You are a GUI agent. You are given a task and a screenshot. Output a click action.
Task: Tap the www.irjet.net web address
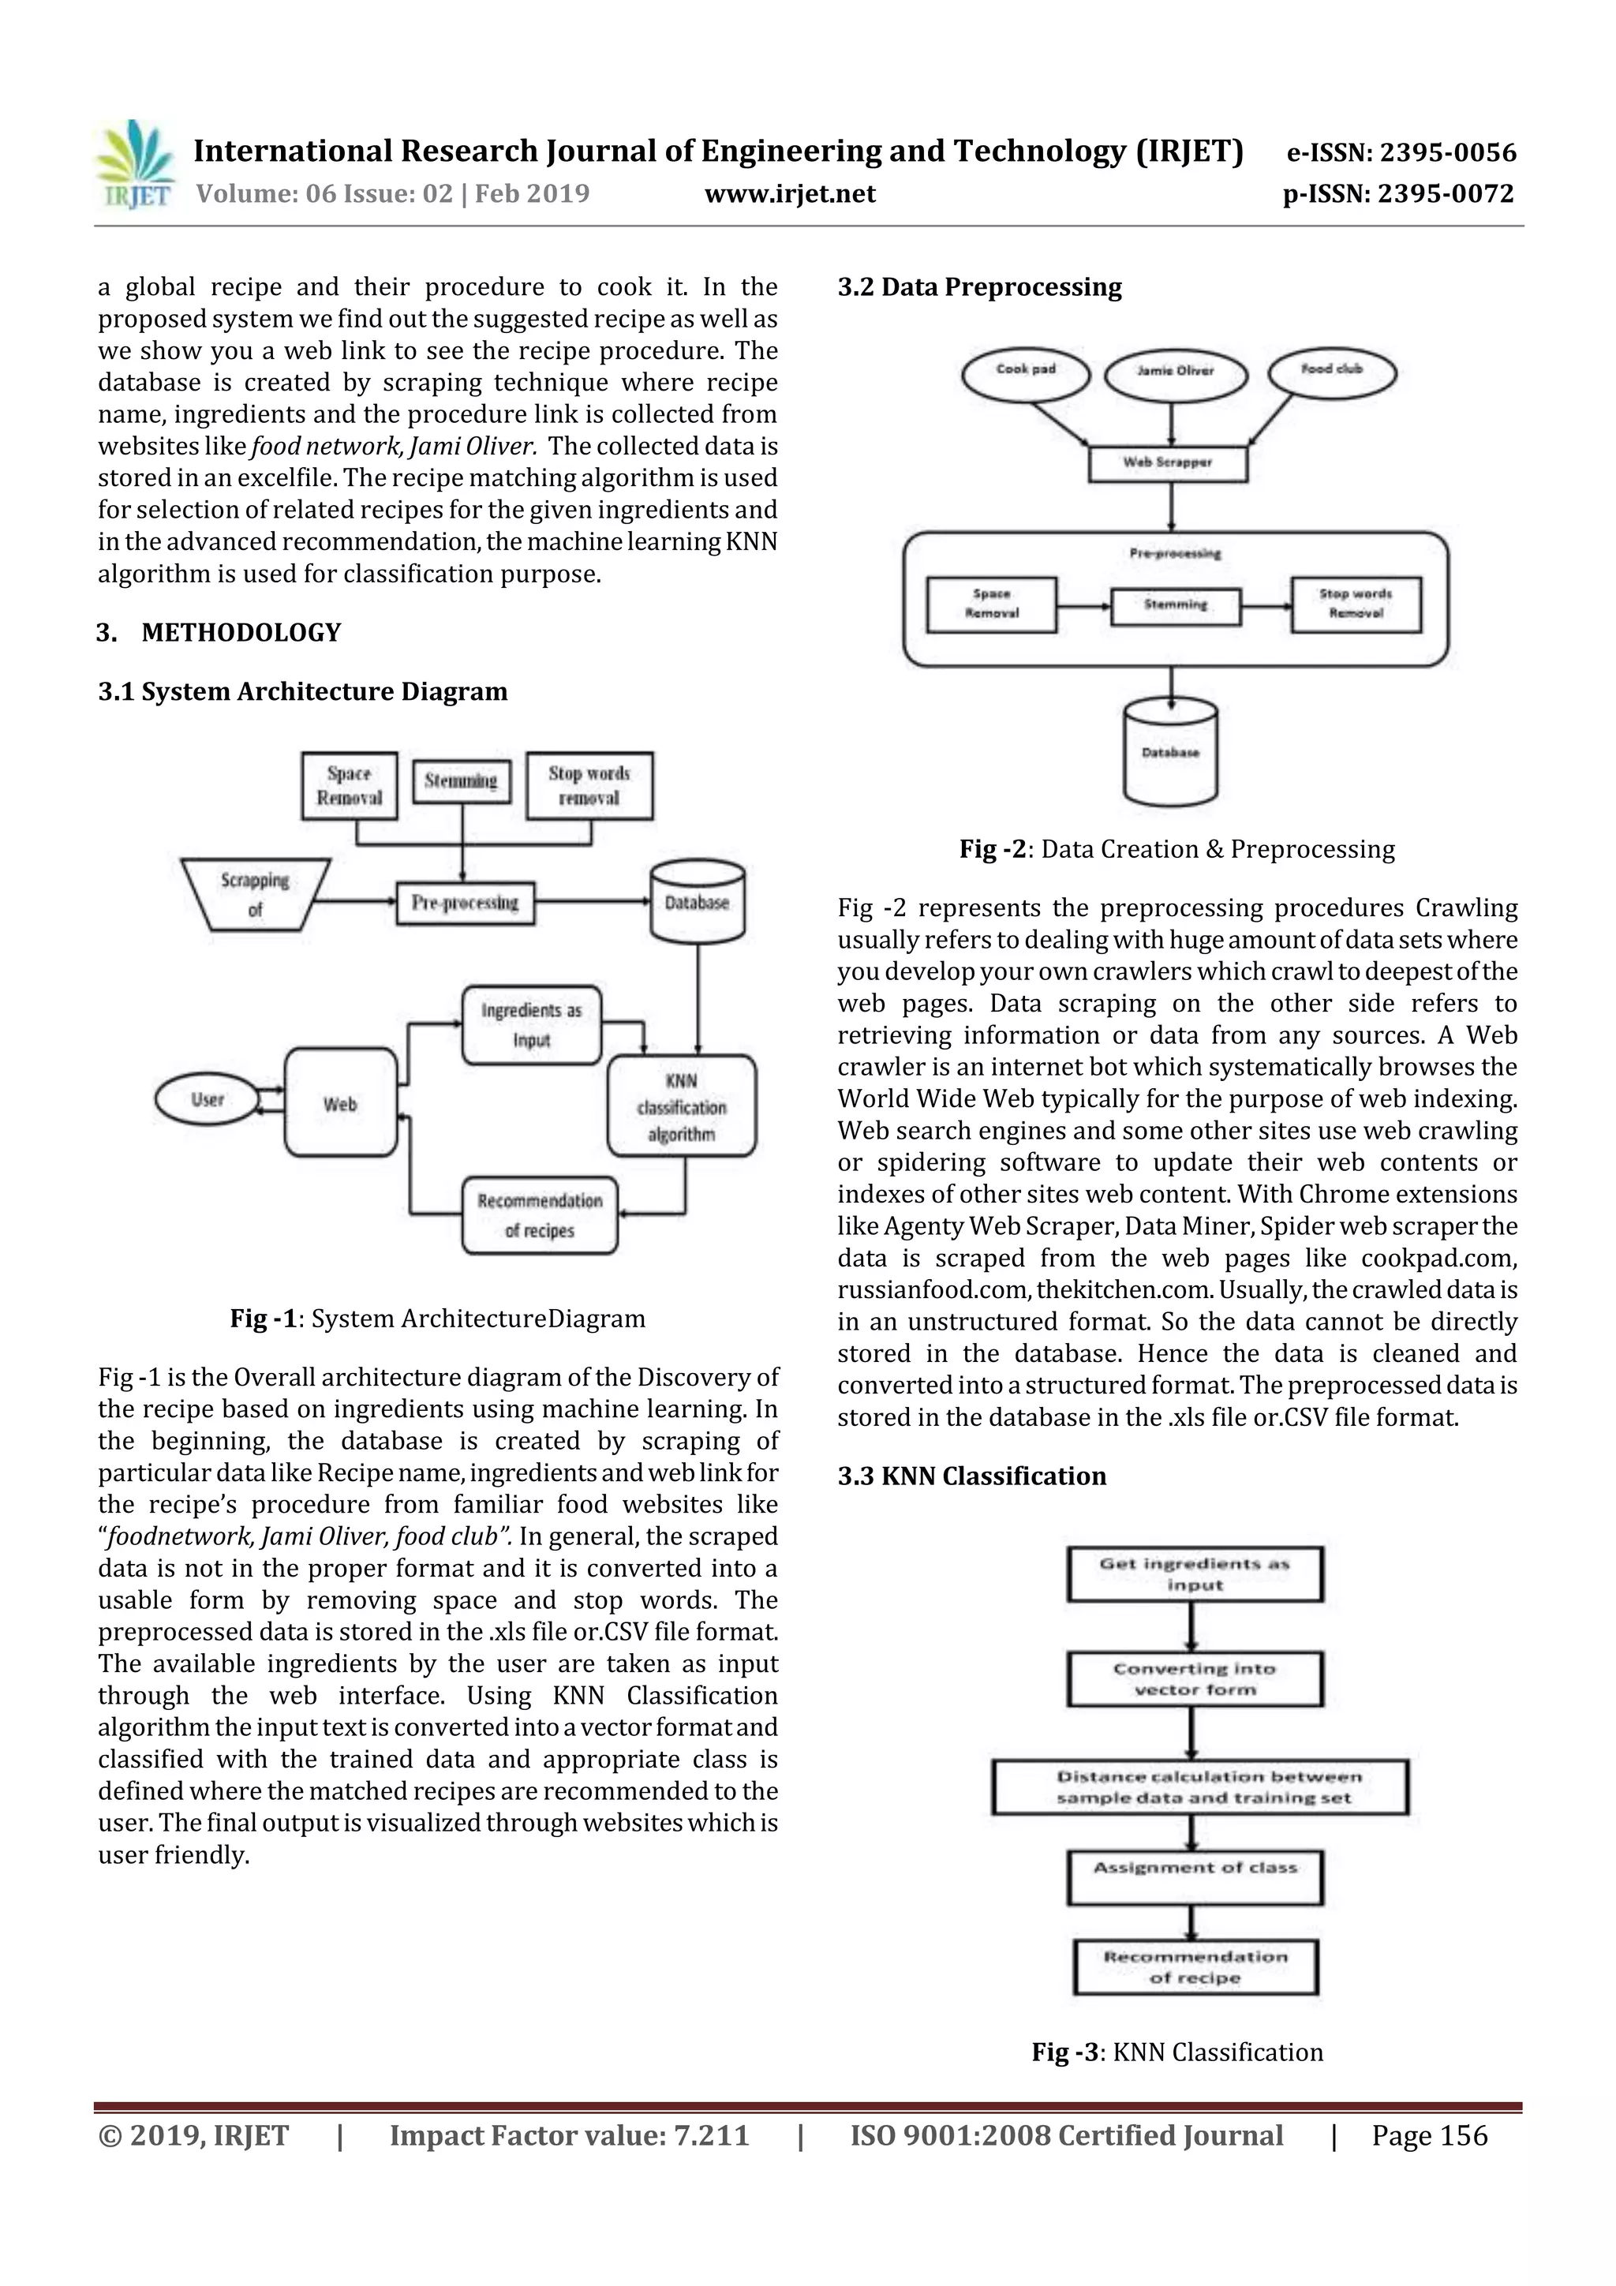pos(790,193)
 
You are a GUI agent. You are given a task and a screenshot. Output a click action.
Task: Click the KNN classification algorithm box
pos(681,1106)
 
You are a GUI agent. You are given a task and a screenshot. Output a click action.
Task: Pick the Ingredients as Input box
pos(532,1024)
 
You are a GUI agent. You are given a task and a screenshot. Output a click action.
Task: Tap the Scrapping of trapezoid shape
pos(256,894)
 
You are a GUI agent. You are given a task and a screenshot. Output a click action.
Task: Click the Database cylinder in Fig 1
pos(697,902)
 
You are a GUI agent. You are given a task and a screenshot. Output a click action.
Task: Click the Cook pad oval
pos(1026,372)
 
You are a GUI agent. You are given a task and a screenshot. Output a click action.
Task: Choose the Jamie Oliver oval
pos(1176,373)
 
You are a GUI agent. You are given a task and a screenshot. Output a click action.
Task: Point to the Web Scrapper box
pos(1168,463)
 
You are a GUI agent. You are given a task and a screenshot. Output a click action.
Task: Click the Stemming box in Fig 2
pos(1176,604)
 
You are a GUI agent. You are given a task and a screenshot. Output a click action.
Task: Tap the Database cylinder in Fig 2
pos(1170,753)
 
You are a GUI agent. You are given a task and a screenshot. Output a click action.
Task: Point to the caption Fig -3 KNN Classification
pos(1177,2052)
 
